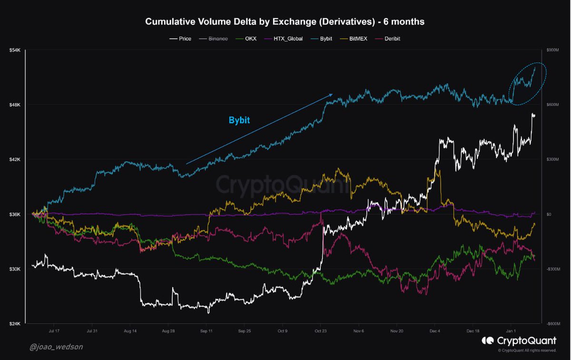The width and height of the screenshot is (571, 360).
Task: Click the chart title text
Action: (285, 22)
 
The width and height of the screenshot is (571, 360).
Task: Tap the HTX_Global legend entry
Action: (285, 39)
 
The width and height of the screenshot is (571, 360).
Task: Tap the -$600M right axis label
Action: (551, 324)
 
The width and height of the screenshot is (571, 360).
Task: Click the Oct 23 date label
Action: (321, 330)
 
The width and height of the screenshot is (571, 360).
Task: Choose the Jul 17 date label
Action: (54, 330)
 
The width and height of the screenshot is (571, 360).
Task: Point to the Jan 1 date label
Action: (511, 330)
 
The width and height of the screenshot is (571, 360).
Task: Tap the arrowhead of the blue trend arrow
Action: (332, 95)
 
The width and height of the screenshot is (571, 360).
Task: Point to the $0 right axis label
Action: (548, 214)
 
